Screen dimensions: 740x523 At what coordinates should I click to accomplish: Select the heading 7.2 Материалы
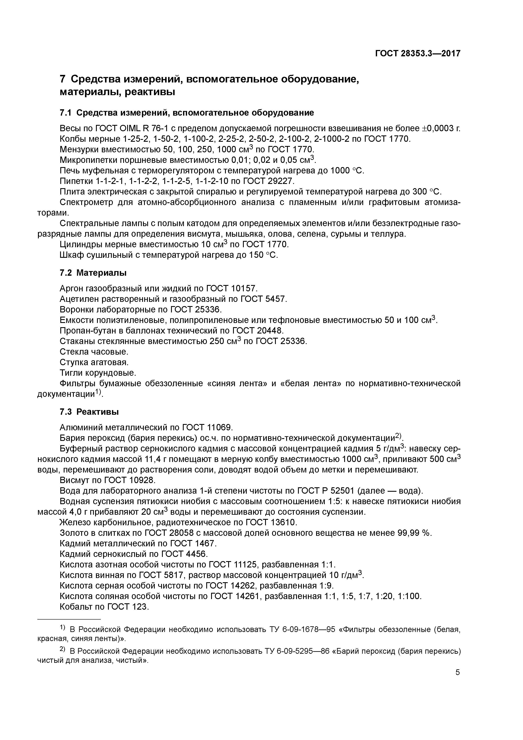coord(93,273)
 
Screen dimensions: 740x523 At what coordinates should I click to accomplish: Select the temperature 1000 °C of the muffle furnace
coord(347,170)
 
